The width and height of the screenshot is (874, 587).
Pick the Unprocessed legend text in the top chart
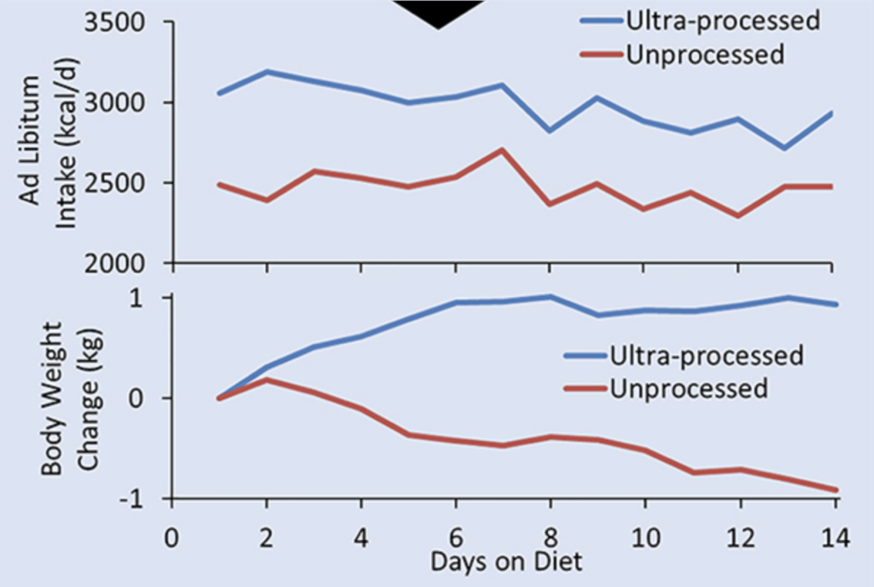[704, 55]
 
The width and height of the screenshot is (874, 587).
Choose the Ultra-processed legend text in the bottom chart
[706, 354]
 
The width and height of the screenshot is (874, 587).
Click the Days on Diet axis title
[507, 562]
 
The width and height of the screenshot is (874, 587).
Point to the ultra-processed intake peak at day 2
[268, 72]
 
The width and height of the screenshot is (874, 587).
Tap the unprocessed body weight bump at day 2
[267, 380]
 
